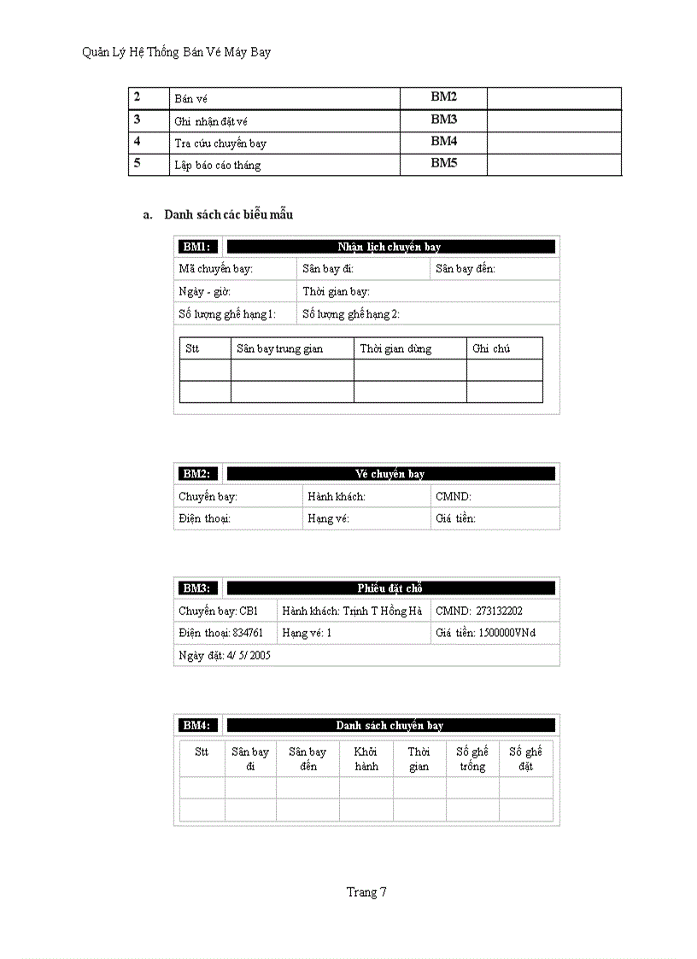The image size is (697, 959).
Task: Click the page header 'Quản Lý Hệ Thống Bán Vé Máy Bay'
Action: click(176, 53)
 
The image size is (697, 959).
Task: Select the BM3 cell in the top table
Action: click(443, 120)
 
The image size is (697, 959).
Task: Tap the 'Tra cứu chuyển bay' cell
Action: click(221, 143)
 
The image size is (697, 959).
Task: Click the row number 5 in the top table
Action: click(138, 163)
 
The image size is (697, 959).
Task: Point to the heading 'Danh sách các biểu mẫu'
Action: click(228, 214)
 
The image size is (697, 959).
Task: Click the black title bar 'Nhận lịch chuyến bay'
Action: click(389, 247)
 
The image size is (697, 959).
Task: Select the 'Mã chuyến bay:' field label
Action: click(215, 269)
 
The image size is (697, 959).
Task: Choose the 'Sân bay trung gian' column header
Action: click(279, 348)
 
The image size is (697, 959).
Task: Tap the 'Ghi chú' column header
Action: click(491, 348)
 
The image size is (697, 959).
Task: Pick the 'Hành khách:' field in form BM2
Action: click(337, 496)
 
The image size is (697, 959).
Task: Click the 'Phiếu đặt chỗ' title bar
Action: click(389, 588)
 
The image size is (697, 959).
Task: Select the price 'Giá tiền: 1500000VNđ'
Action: click(485, 633)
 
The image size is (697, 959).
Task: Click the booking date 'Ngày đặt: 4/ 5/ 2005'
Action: click(225, 655)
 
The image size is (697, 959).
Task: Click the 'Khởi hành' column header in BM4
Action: click(366, 759)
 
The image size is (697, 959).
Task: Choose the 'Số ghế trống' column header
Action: click(471, 759)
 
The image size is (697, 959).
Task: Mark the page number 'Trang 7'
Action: click(366, 892)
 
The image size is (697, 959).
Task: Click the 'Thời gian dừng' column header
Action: click(395, 348)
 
